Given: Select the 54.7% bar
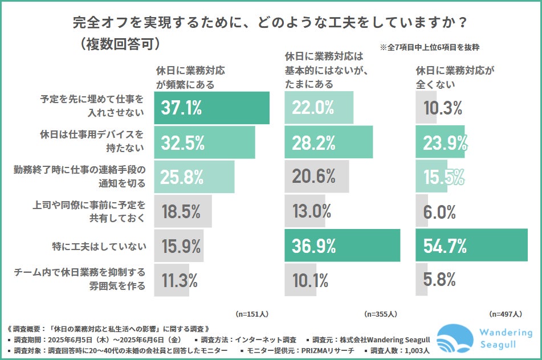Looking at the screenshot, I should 471,246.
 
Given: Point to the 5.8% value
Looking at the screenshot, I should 439,280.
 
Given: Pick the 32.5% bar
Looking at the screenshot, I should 205,142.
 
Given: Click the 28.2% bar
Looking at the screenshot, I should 328,142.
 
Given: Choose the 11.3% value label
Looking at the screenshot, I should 180,280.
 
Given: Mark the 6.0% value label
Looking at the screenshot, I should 439,211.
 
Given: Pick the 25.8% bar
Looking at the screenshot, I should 194,177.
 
